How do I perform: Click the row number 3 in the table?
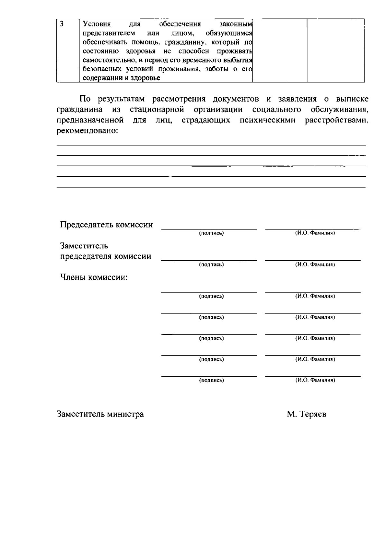tap(61, 24)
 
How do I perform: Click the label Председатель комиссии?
tap(106, 225)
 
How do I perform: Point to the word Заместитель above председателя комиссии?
tap(84, 246)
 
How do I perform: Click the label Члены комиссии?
tap(94, 277)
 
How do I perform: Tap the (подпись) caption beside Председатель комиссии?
tap(211, 233)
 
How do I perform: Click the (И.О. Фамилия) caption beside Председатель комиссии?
tap(315, 233)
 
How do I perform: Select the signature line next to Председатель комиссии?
tap(209, 229)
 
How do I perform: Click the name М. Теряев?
tap(307, 414)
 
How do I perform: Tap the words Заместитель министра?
tap(100, 414)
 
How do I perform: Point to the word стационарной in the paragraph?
tap(157, 110)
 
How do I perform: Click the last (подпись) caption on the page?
tap(211, 380)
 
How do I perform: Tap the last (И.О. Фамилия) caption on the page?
tap(315, 380)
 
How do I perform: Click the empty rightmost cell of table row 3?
tap(335, 50)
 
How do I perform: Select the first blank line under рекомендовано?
tap(211, 145)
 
